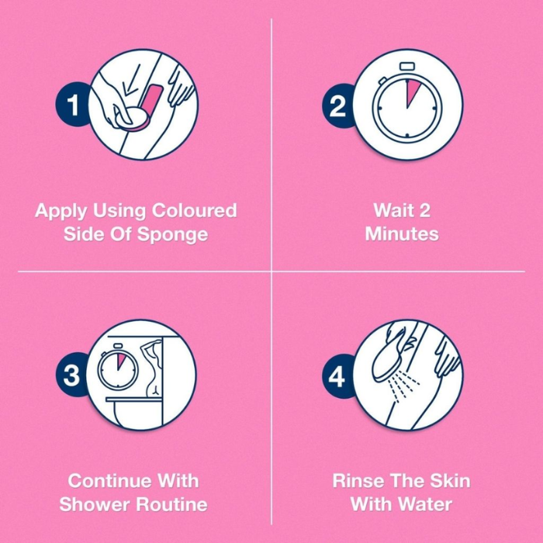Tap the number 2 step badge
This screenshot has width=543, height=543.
point(337,105)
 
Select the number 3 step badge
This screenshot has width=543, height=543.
point(71,375)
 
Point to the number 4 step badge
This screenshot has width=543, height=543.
point(337,376)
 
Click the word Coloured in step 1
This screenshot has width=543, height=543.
point(194,210)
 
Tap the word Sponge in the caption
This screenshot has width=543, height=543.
point(172,234)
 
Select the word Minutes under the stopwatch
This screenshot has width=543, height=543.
point(402,233)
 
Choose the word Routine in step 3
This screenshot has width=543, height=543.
point(171,504)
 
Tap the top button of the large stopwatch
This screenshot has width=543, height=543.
point(407,66)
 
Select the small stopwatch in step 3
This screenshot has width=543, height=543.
point(118,366)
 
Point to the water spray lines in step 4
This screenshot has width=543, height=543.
point(403,386)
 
